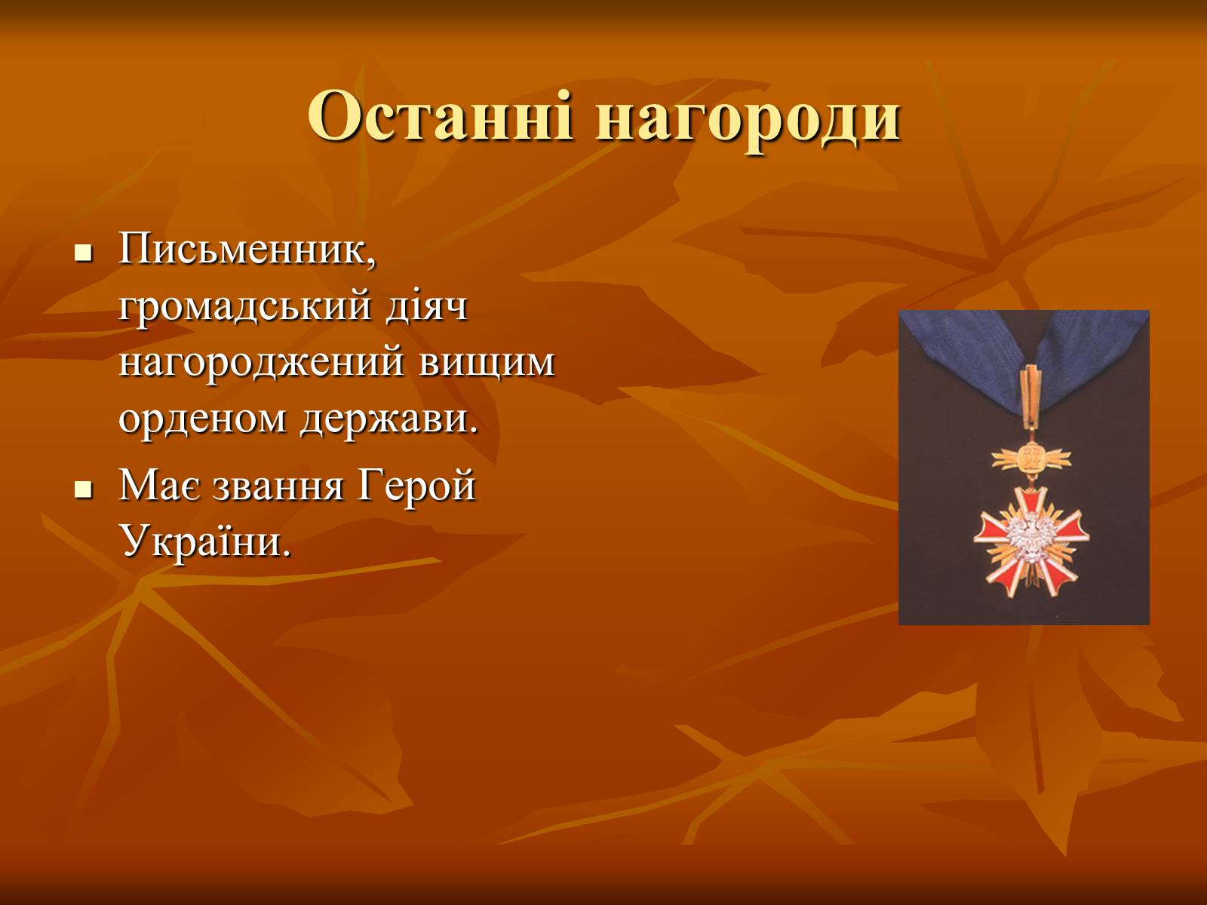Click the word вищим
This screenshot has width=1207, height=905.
tap(487, 364)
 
